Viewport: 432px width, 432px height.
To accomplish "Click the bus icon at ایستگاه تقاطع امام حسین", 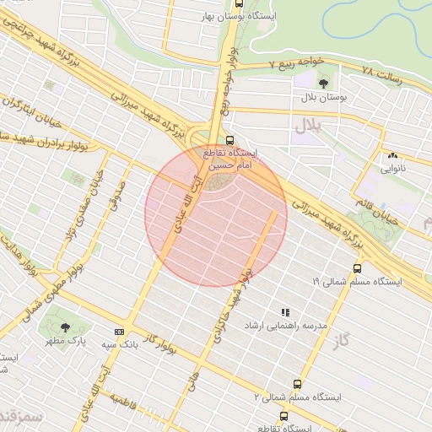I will coord(230,141).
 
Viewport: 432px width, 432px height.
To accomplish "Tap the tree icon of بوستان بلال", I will coord(324,83).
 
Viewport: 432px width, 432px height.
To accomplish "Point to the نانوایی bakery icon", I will coord(391,155).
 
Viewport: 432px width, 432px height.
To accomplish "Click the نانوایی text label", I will coord(391,168).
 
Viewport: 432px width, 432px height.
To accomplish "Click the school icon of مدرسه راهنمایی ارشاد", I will coord(284,311).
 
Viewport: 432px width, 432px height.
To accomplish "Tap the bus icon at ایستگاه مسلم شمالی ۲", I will coord(296,383).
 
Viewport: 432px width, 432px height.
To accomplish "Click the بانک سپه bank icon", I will coord(118,332).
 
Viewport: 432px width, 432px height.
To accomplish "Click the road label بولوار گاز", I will coord(162,343).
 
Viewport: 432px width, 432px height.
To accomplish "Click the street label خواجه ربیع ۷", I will coord(295,63).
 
